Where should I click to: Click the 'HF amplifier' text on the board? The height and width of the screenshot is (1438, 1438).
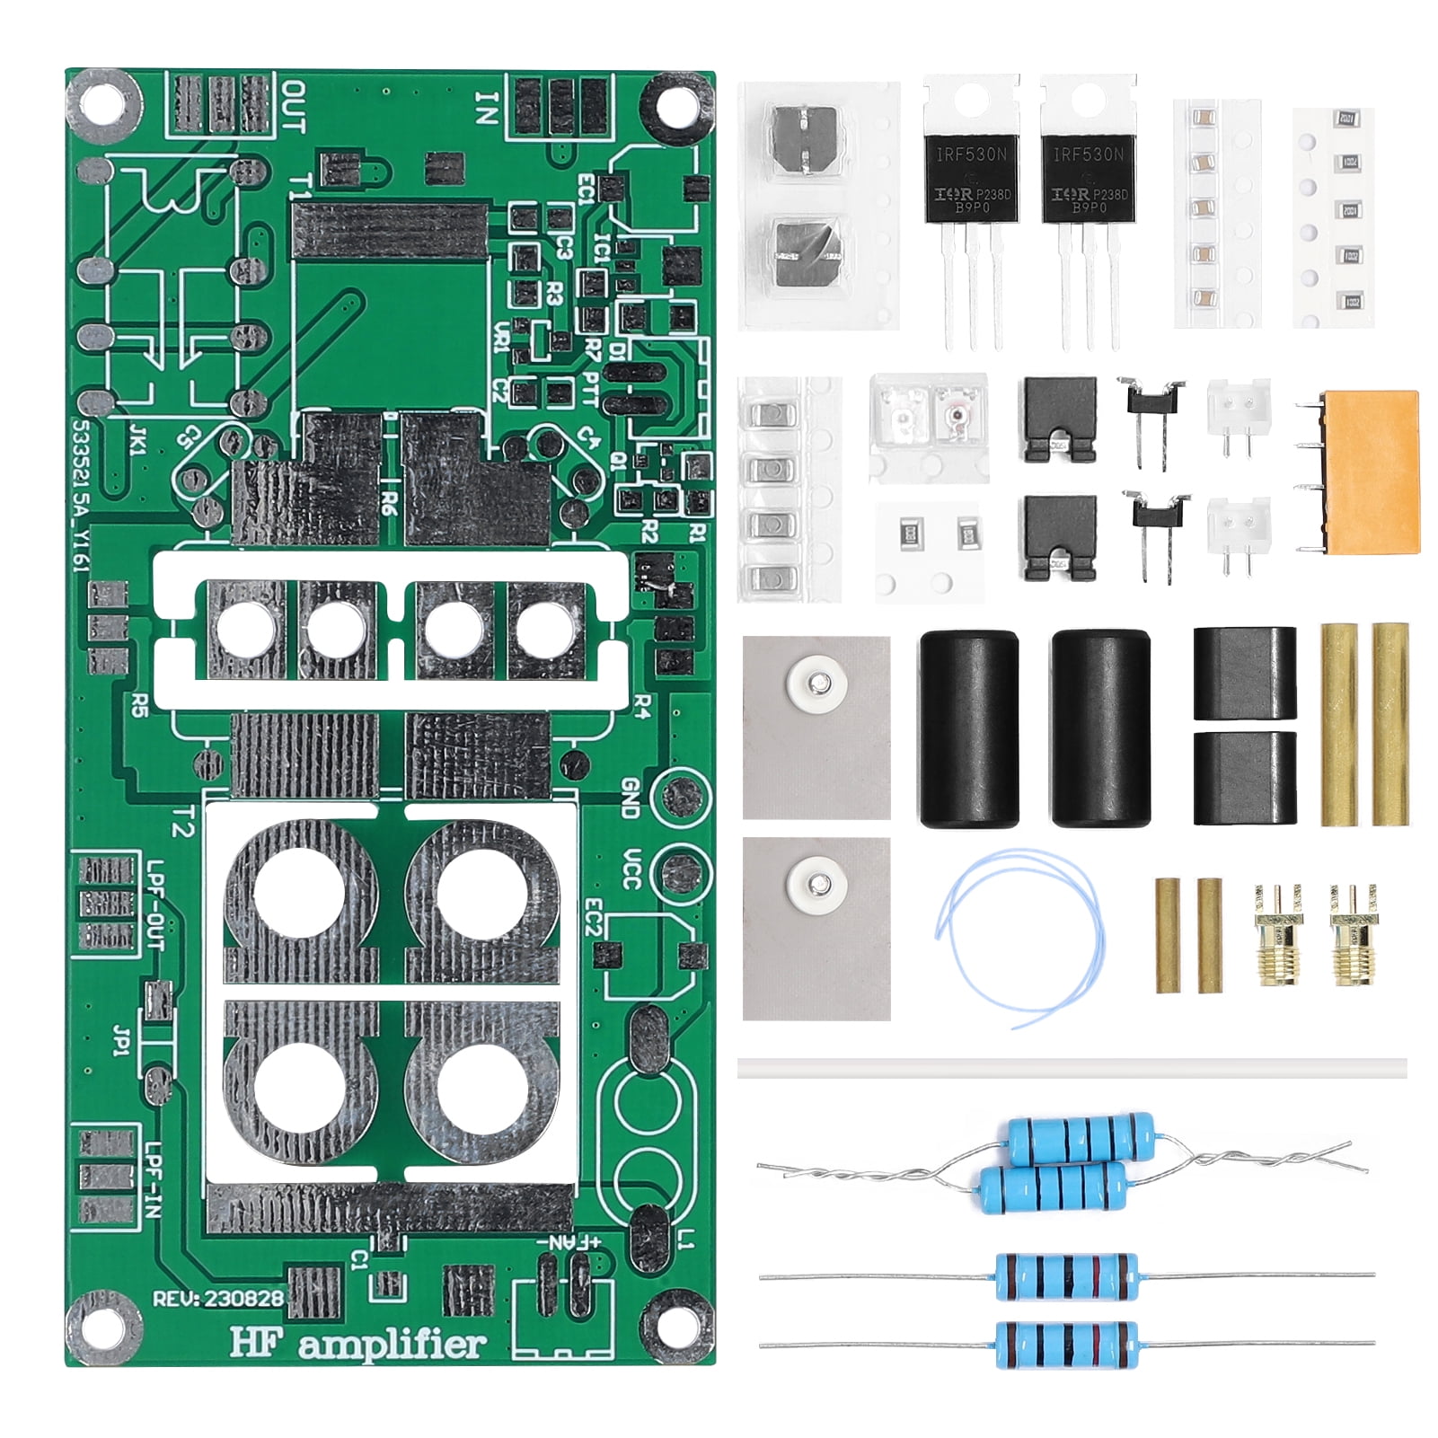pyautogui.click(x=358, y=1344)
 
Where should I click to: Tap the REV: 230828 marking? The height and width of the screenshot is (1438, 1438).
pyautogui.click(x=218, y=1298)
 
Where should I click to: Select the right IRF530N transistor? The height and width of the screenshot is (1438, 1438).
pyautogui.click(x=1088, y=180)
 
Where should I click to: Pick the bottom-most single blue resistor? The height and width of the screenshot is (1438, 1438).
pyautogui.click(x=1066, y=1344)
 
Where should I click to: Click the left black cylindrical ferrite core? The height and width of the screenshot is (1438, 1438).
pyautogui.click(x=969, y=728)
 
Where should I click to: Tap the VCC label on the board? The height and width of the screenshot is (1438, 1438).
pyautogui.click(x=631, y=869)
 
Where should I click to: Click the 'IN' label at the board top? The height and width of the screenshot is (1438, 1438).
pyautogui.click(x=486, y=109)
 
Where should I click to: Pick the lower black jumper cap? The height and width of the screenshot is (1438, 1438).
pyautogui.click(x=1059, y=537)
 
